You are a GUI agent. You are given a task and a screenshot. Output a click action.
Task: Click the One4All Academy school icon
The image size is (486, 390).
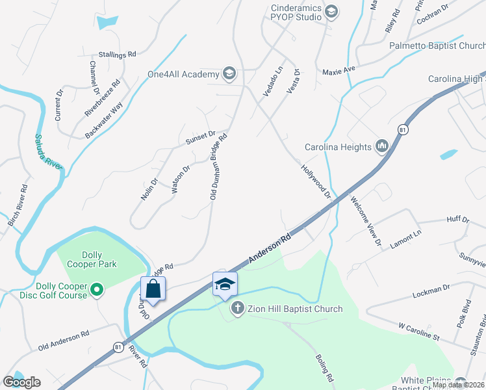pyautogui.click(x=229, y=73)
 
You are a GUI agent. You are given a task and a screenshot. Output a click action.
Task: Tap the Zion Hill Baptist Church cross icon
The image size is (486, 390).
pyautogui.click(x=238, y=308)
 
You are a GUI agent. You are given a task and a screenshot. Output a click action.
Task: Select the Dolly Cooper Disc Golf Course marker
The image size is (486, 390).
pyautogui.click(x=97, y=289)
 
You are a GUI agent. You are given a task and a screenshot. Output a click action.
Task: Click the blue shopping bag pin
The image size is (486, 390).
pyautogui.click(x=153, y=289)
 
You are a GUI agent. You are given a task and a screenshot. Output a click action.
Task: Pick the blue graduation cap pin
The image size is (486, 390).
pyautogui.click(x=225, y=284)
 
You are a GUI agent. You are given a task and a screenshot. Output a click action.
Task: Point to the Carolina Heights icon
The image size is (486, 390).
pyautogui.click(x=381, y=146)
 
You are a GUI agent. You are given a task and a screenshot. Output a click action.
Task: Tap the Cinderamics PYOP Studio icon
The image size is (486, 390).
pyautogui.click(x=331, y=12)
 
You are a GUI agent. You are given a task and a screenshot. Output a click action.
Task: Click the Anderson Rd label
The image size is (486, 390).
pyautogui.click(x=268, y=250)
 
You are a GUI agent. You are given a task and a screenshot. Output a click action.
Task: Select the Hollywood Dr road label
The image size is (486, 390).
pyautogui.click(x=316, y=181)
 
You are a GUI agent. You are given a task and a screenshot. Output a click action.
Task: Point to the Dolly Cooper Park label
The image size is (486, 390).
pyautogui.click(x=99, y=259)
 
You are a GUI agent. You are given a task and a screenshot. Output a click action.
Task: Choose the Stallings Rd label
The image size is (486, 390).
pyautogui.click(x=117, y=55)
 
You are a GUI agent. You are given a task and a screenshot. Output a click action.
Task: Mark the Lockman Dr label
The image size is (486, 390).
pyautogui.click(x=431, y=291)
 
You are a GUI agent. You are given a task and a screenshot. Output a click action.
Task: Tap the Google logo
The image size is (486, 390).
pyautogui.click(x=21, y=382)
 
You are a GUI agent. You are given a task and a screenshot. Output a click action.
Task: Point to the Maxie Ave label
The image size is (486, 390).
pyautogui.click(x=339, y=69)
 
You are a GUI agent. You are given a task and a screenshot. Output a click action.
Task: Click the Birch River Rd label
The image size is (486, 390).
pyautogui.click(x=18, y=205)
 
